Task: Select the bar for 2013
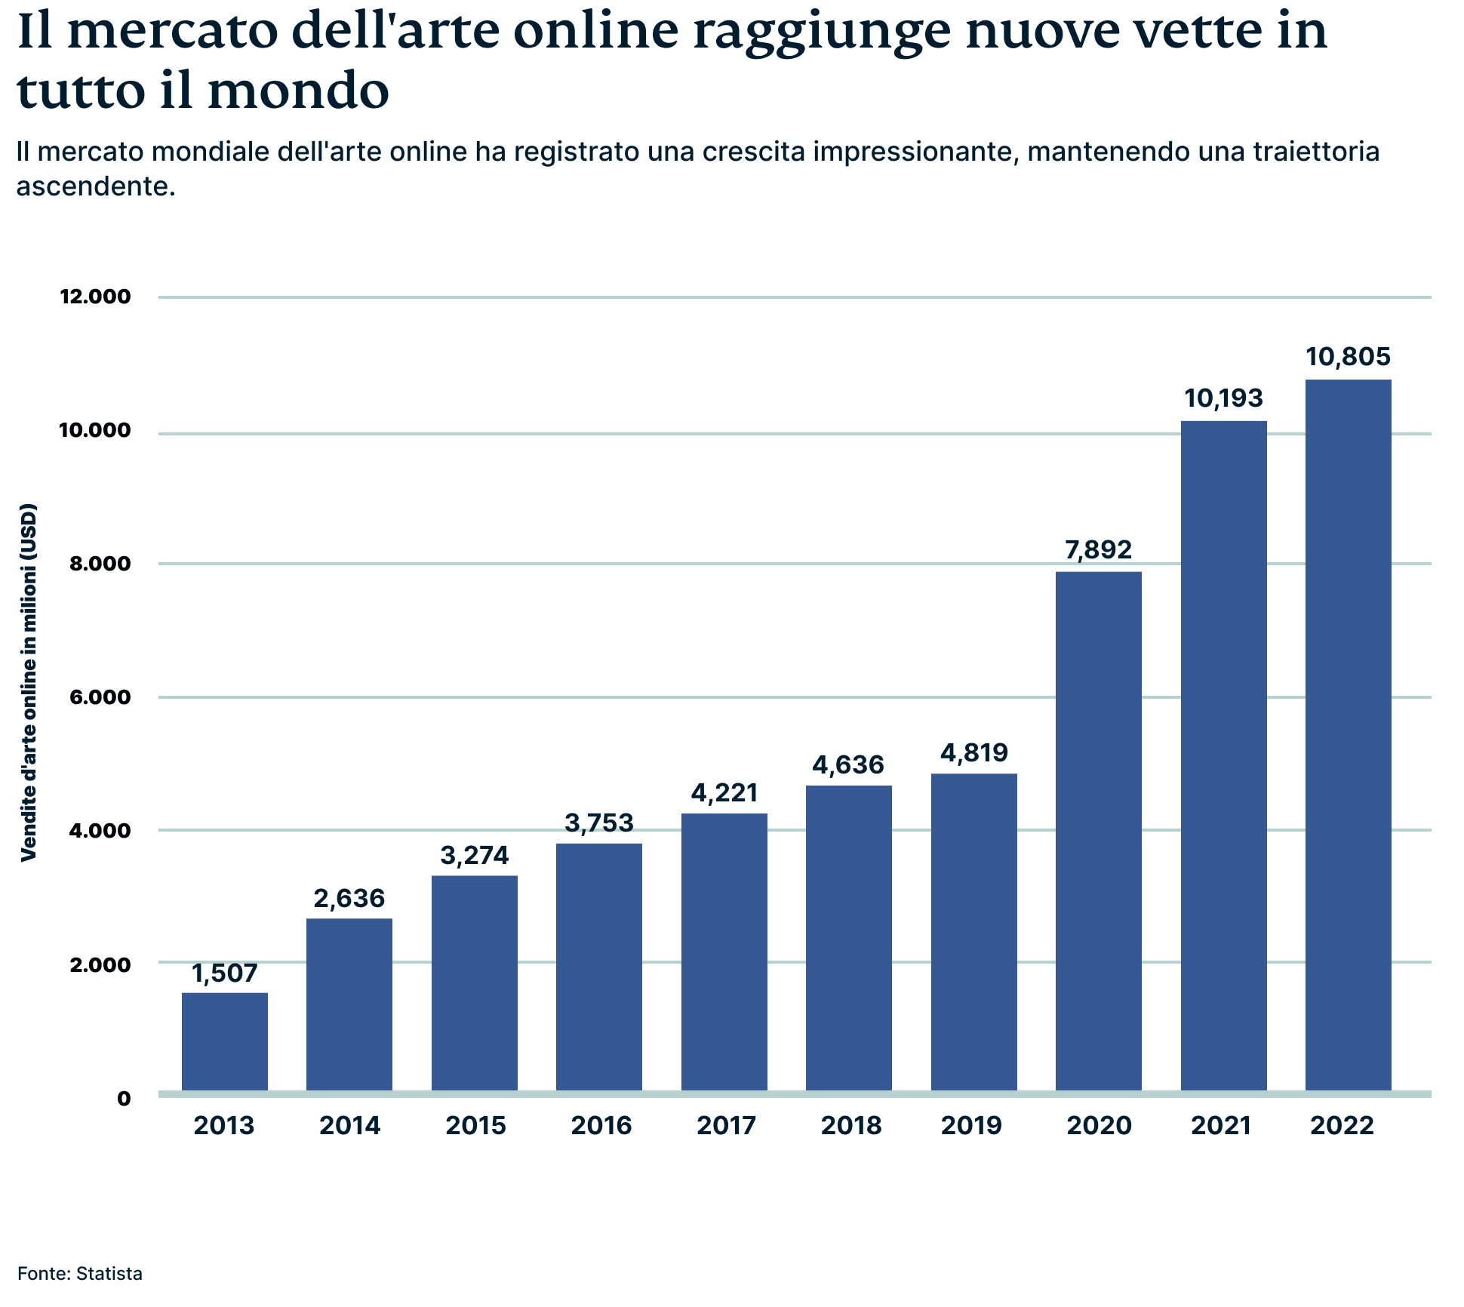click(x=225, y=1041)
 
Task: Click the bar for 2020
click(x=1099, y=830)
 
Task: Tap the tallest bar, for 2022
click(x=1349, y=736)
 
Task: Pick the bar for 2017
click(x=724, y=952)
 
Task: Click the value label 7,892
click(x=1099, y=549)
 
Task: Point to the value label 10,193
click(x=1223, y=398)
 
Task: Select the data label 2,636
click(x=349, y=898)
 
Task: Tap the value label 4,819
click(x=974, y=752)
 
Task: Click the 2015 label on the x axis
click(x=475, y=1126)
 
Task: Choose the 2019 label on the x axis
click(x=971, y=1126)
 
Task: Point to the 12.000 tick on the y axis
click(x=96, y=297)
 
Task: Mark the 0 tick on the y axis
click(x=124, y=1099)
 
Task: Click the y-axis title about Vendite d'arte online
click(x=29, y=682)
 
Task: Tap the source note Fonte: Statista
click(x=80, y=1274)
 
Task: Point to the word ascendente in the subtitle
click(x=96, y=186)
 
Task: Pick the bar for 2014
click(x=349, y=1004)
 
